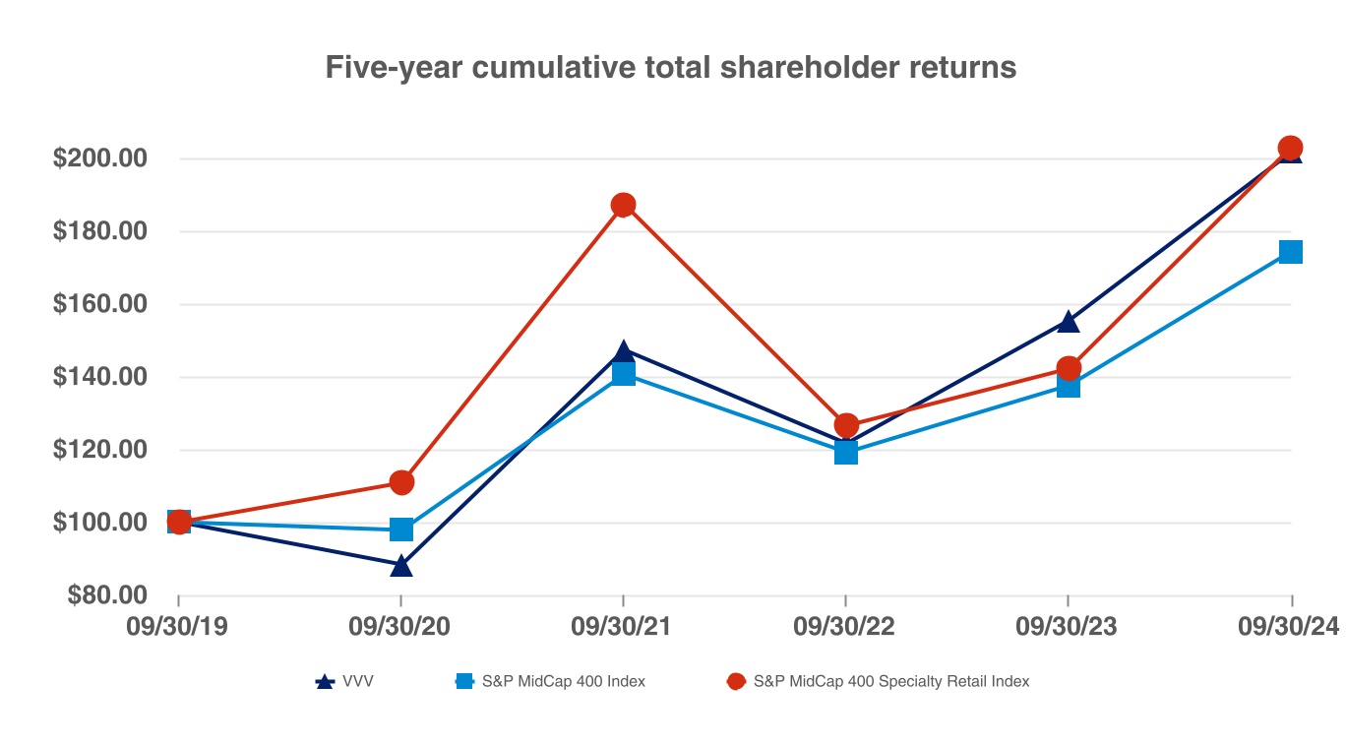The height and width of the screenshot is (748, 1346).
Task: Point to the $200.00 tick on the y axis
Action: pyautogui.click(x=99, y=158)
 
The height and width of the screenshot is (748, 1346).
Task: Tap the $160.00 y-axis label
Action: pyautogui.click(x=99, y=304)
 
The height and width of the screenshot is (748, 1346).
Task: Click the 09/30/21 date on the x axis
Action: pyautogui.click(x=622, y=627)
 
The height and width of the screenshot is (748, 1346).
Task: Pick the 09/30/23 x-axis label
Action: pyautogui.click(x=1068, y=627)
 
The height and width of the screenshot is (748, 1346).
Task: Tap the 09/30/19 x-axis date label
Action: pyautogui.click(x=177, y=627)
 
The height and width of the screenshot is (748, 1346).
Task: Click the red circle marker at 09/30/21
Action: pyautogui.click(x=623, y=205)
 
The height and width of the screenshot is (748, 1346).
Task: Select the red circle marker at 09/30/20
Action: pyautogui.click(x=400, y=482)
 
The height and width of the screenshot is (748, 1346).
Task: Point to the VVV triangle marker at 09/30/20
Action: pyautogui.click(x=400, y=566)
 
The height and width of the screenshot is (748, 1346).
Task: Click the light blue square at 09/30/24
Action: pyautogui.click(x=1290, y=252)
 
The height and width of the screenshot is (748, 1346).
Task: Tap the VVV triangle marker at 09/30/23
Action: pyautogui.click(x=1069, y=321)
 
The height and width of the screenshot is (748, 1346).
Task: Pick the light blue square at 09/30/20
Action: pyautogui.click(x=400, y=530)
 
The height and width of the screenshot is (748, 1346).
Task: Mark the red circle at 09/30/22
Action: pyautogui.click(x=846, y=425)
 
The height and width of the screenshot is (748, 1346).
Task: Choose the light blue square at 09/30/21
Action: pyautogui.click(x=623, y=374)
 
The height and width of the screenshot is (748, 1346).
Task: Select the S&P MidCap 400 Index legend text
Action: pyautogui.click(x=563, y=681)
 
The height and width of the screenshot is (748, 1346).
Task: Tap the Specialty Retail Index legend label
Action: pyautogui.click(x=890, y=681)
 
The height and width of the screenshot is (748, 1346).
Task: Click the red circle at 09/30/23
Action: pyautogui.click(x=1069, y=368)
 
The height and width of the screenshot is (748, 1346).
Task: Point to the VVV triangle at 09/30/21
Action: pyautogui.click(x=623, y=351)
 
